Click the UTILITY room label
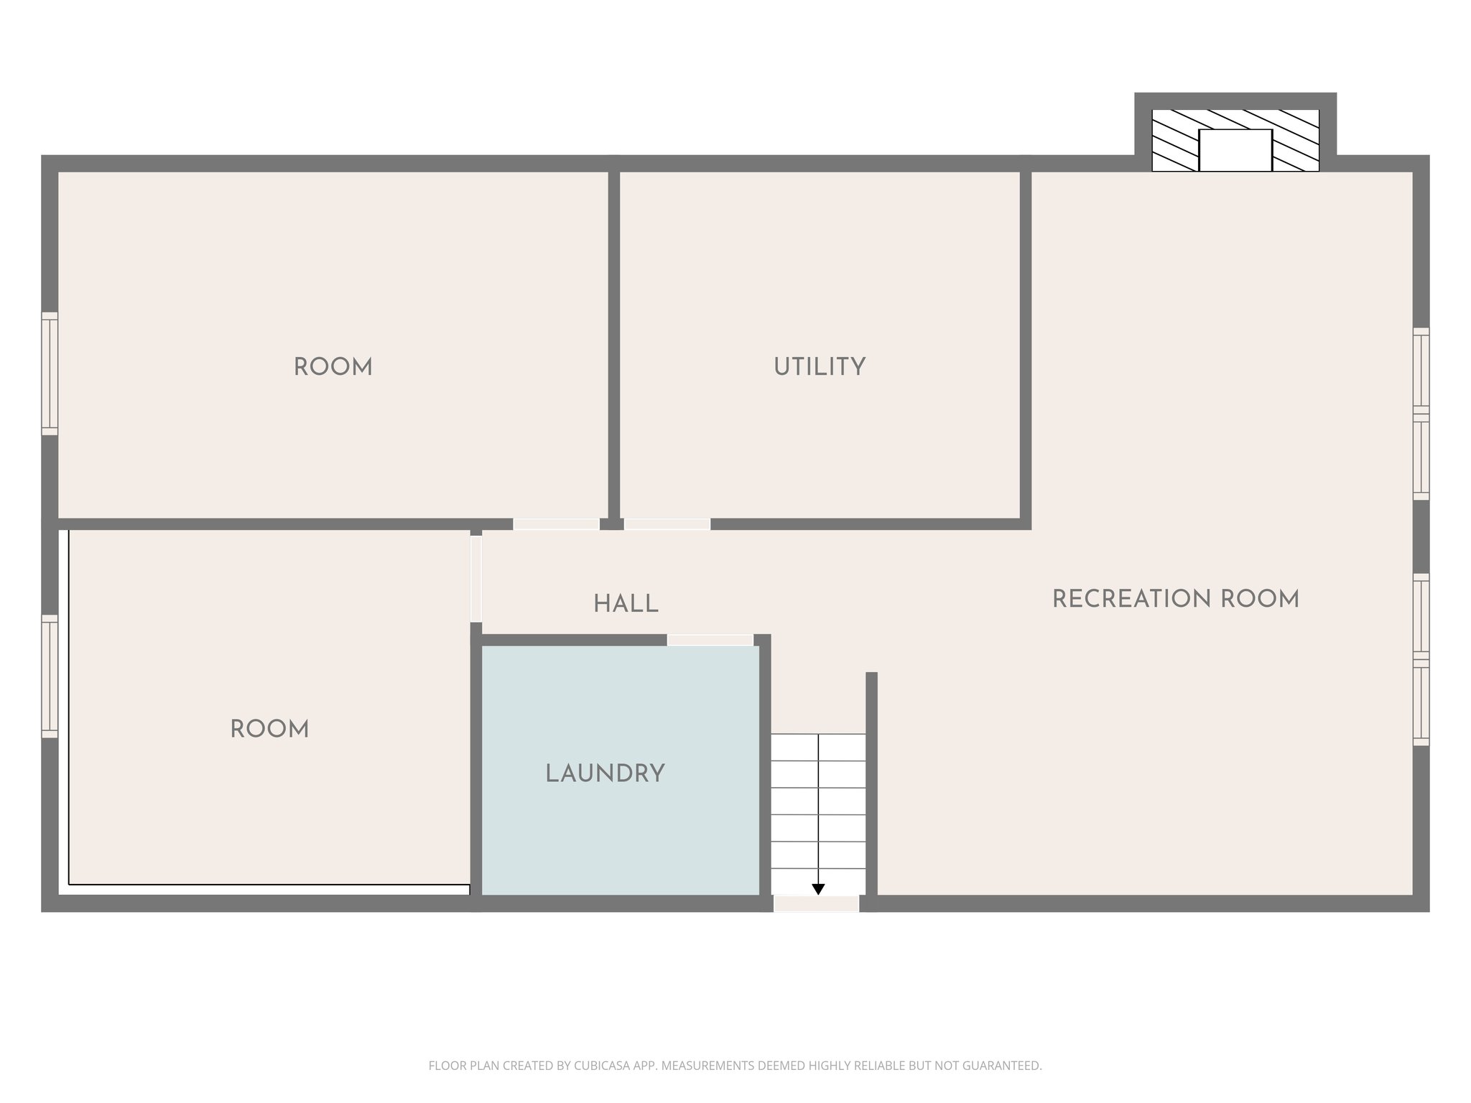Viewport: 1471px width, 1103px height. [819, 367]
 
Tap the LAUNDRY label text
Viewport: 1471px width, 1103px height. [605, 773]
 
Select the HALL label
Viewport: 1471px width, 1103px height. [626, 605]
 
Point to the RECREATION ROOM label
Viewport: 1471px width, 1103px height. [1175, 599]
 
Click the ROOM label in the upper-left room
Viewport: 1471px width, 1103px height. [333, 367]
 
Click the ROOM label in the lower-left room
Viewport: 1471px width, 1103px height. [269, 730]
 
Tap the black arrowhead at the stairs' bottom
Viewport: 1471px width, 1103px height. [817, 889]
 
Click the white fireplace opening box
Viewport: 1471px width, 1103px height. [1235, 150]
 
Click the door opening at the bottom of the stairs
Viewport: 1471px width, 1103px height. [816, 904]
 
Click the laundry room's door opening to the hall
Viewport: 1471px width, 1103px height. [710, 640]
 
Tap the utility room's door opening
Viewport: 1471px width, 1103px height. [667, 524]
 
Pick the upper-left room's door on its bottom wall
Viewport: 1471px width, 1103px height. [556, 524]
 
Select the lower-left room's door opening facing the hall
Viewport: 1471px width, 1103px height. [475, 579]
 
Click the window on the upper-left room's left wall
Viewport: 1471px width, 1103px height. [49, 373]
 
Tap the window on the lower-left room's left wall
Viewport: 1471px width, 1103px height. [49, 676]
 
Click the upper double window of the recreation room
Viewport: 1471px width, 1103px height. [1421, 414]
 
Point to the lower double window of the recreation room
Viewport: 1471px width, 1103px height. [1421, 659]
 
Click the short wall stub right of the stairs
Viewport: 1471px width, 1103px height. [871, 783]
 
